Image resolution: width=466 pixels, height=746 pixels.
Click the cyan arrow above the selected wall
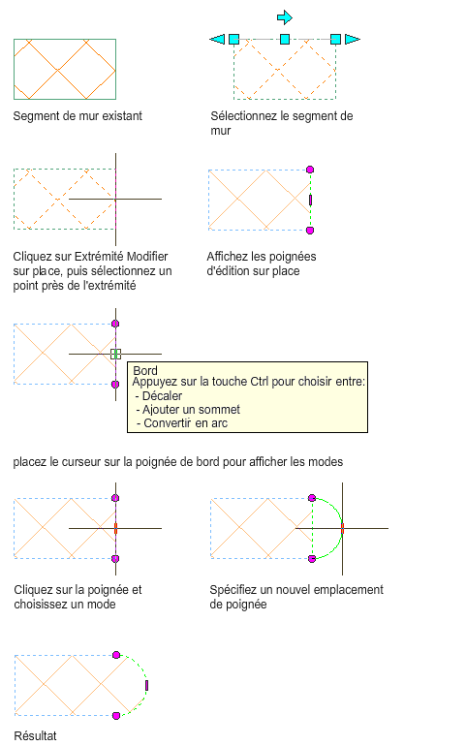(x=285, y=17)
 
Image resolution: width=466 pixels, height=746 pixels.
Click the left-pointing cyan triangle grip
(x=218, y=39)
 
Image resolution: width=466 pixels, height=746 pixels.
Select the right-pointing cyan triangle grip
(x=353, y=39)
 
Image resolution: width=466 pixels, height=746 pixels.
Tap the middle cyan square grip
(x=285, y=39)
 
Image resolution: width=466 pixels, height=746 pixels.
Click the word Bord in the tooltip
(x=145, y=371)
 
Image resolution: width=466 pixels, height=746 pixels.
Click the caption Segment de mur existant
(x=78, y=115)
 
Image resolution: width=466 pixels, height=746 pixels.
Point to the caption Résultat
(x=35, y=735)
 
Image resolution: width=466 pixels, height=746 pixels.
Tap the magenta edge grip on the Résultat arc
(x=146, y=685)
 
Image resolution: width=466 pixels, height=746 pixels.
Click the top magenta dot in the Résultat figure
(x=116, y=655)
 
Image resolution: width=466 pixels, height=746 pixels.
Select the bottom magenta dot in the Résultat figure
(x=116, y=716)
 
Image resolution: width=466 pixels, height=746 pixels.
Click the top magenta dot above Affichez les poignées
(x=310, y=170)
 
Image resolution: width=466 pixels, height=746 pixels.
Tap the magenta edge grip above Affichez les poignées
(x=310, y=200)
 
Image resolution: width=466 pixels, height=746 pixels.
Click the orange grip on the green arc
(x=342, y=528)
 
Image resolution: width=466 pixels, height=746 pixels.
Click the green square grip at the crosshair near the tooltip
(x=115, y=354)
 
